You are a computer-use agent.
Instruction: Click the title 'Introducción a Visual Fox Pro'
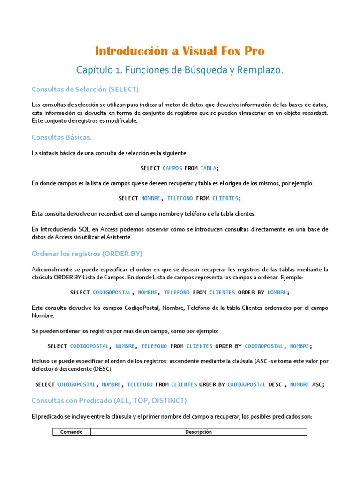(180, 51)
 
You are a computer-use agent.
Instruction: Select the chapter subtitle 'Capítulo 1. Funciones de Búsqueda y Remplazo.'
(180, 70)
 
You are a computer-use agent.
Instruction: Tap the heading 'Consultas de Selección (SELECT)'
(85, 89)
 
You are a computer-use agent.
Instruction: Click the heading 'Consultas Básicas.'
(61, 137)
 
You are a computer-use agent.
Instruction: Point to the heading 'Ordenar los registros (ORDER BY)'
(87, 254)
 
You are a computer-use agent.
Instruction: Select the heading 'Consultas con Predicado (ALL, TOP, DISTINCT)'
(109, 400)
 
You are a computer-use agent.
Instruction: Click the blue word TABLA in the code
(208, 168)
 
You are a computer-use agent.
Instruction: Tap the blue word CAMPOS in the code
(172, 168)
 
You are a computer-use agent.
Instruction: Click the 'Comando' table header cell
(71, 432)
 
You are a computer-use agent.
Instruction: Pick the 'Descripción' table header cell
(199, 432)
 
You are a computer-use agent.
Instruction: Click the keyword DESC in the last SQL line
(276, 384)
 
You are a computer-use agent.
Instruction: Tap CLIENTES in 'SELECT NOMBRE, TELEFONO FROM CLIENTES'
(226, 198)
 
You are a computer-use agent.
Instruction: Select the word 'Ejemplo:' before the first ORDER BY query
(292, 278)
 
